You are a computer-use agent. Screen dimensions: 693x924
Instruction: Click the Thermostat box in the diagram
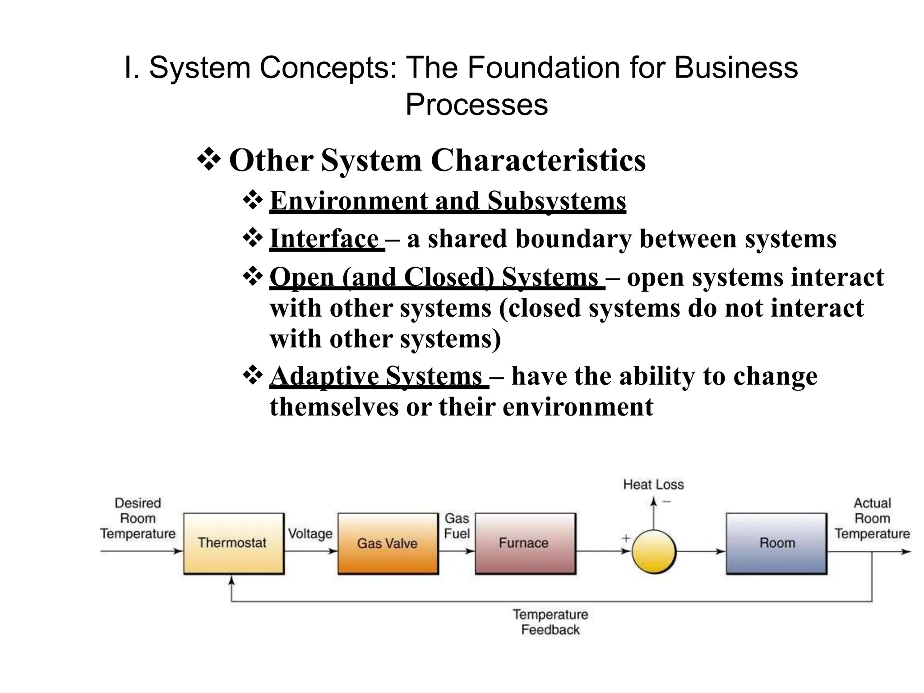click(233, 543)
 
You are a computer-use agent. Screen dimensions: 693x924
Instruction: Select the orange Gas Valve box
click(388, 543)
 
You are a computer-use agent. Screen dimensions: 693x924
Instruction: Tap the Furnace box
click(525, 543)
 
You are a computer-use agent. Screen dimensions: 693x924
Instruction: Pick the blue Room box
click(776, 543)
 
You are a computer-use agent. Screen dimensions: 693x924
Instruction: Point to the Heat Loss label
click(653, 485)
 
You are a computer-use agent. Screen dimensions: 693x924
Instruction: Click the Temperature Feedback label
click(550, 622)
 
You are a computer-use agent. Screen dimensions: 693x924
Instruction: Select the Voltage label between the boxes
click(310, 534)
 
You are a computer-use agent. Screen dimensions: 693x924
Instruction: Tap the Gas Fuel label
click(457, 526)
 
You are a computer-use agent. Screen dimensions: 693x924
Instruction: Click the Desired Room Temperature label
click(138, 518)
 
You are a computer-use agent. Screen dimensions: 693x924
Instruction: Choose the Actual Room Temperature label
click(872, 518)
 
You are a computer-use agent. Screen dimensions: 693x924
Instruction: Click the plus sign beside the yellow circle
click(626, 538)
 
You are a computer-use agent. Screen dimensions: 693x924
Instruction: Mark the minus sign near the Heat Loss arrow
click(667, 501)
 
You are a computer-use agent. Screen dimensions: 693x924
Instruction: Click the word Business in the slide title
click(736, 68)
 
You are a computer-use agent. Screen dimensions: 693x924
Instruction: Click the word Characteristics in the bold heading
click(538, 160)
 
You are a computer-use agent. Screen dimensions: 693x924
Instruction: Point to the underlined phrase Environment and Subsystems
click(448, 201)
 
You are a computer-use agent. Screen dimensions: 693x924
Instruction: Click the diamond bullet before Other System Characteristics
click(208, 159)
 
